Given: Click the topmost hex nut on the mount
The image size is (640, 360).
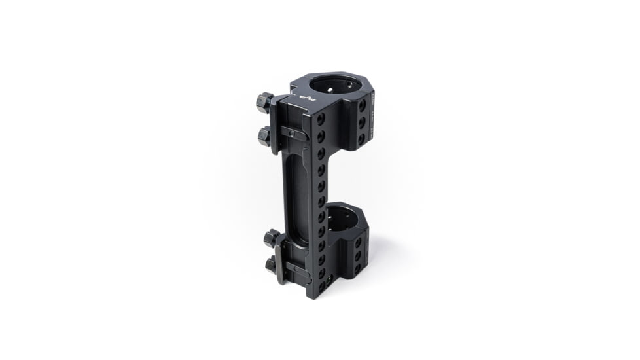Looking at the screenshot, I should click(264, 102).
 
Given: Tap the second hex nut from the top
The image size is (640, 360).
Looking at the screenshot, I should click(264, 136).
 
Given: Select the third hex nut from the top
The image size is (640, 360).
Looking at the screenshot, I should click(272, 238).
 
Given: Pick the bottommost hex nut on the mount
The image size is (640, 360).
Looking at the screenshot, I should click(271, 264).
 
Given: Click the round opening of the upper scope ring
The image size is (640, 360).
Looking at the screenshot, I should click(334, 85).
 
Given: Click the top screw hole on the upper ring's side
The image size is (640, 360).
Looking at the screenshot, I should click(363, 105).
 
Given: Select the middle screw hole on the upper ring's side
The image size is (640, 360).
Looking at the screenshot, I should click(362, 122).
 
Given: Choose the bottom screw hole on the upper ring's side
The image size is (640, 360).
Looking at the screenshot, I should click(361, 137).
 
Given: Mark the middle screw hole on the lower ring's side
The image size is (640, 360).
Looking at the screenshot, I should click(358, 255).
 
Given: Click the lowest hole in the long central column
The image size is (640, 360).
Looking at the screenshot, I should click(321, 285).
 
